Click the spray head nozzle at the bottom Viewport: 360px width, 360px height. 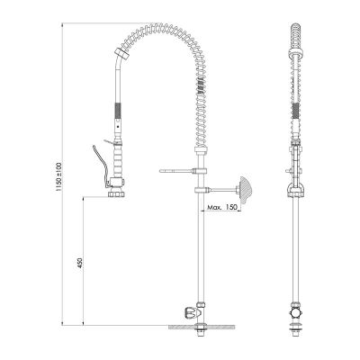click(116, 192)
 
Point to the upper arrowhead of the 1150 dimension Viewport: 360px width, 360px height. click(64, 27)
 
